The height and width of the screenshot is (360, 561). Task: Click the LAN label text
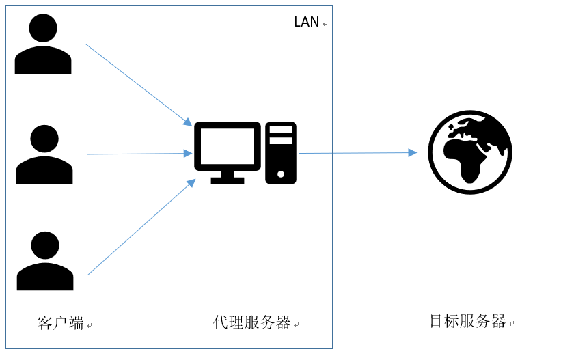tap(306, 22)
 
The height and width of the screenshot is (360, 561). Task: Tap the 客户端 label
tap(60, 322)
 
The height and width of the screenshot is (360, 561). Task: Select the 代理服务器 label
tap(251, 322)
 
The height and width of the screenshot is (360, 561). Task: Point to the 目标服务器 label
tap(467, 321)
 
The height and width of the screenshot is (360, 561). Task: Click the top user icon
tap(43, 46)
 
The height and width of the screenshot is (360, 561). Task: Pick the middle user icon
tap(44, 156)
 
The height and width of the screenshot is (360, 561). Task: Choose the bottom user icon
tap(45, 262)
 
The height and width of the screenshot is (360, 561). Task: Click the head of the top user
tap(43, 28)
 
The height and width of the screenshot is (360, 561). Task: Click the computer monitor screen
tap(227, 146)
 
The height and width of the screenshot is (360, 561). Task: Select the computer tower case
tap(280, 153)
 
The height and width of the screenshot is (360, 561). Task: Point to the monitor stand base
tap(227, 180)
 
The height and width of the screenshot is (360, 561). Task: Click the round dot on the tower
tap(280, 174)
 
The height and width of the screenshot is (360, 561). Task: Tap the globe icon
tap(469, 152)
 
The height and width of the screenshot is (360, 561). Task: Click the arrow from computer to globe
tap(355, 153)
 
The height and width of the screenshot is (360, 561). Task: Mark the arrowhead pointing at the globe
tap(412, 152)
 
